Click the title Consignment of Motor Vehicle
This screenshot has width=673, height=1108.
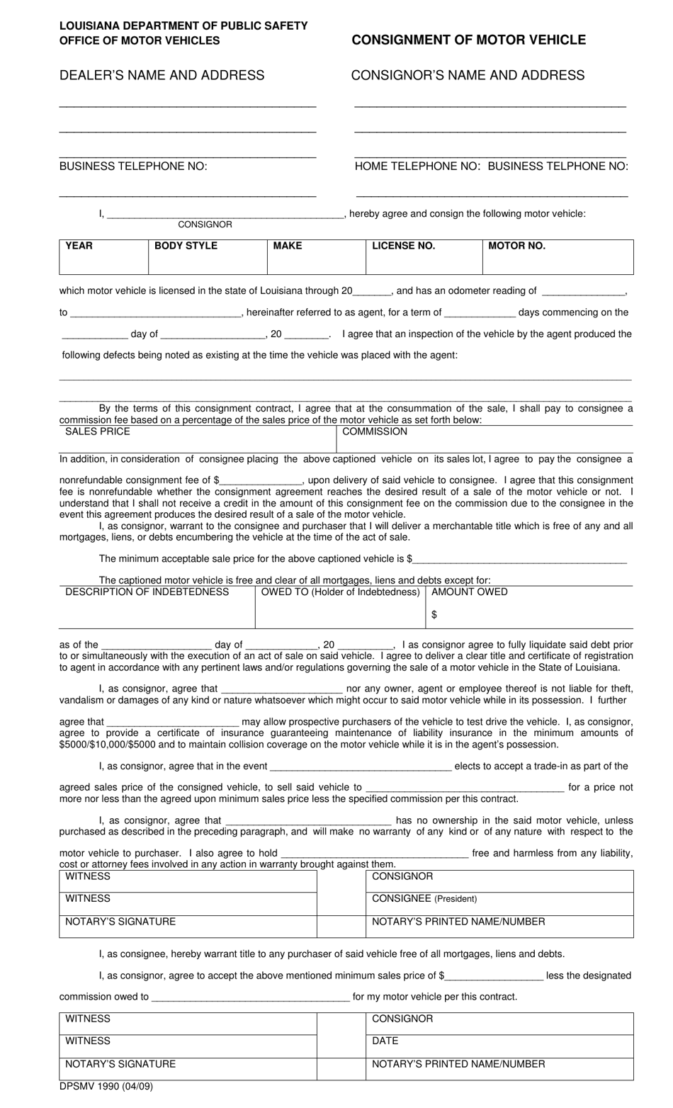click(x=468, y=40)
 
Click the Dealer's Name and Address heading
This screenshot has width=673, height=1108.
click(x=162, y=75)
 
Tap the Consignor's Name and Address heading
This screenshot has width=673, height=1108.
click(x=468, y=75)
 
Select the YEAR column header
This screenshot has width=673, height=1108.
click(x=79, y=246)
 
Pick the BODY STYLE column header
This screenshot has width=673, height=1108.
click(x=186, y=246)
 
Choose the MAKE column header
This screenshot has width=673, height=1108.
click(x=287, y=246)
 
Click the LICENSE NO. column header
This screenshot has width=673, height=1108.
click(x=403, y=246)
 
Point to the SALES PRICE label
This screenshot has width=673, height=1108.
click(x=98, y=431)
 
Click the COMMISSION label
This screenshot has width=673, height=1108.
click(x=375, y=431)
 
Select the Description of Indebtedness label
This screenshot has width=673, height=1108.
click(x=147, y=592)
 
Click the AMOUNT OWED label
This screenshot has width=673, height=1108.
click(x=469, y=592)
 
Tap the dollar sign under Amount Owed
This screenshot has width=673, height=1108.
click(x=434, y=615)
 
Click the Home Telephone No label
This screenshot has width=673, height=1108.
click(x=417, y=166)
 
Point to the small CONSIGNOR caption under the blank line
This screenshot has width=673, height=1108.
click(x=205, y=225)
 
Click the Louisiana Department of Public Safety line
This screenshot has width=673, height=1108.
click(x=183, y=26)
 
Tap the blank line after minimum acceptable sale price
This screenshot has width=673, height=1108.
click(x=521, y=560)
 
